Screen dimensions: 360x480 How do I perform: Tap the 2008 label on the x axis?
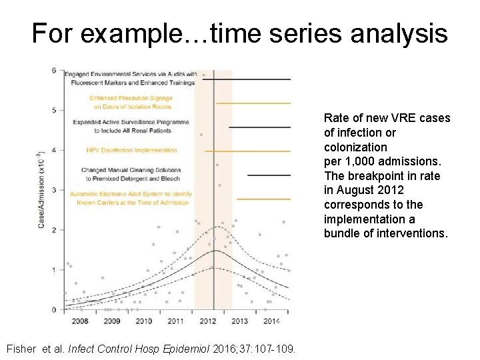79,321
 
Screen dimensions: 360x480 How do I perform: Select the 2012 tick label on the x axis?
207,321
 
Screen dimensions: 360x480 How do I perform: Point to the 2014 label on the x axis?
271,321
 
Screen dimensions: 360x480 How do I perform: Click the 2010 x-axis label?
143,321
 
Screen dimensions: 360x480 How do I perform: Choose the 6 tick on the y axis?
54,71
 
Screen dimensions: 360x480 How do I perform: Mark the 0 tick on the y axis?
54,310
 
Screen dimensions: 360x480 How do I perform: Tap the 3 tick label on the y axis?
54,190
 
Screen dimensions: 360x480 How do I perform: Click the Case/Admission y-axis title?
41,190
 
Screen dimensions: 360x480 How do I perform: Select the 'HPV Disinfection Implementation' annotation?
132,151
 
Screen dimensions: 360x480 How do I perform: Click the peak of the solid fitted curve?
213,251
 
